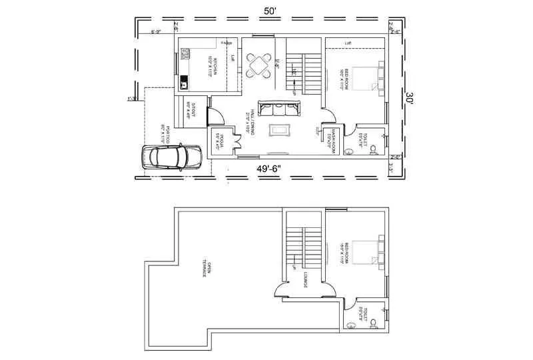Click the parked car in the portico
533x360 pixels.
click(172, 157)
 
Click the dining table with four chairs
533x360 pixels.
click(260, 65)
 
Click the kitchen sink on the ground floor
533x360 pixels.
click(185, 83)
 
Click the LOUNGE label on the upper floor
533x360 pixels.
click(305, 279)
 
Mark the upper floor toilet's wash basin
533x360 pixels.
click(351, 325)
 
